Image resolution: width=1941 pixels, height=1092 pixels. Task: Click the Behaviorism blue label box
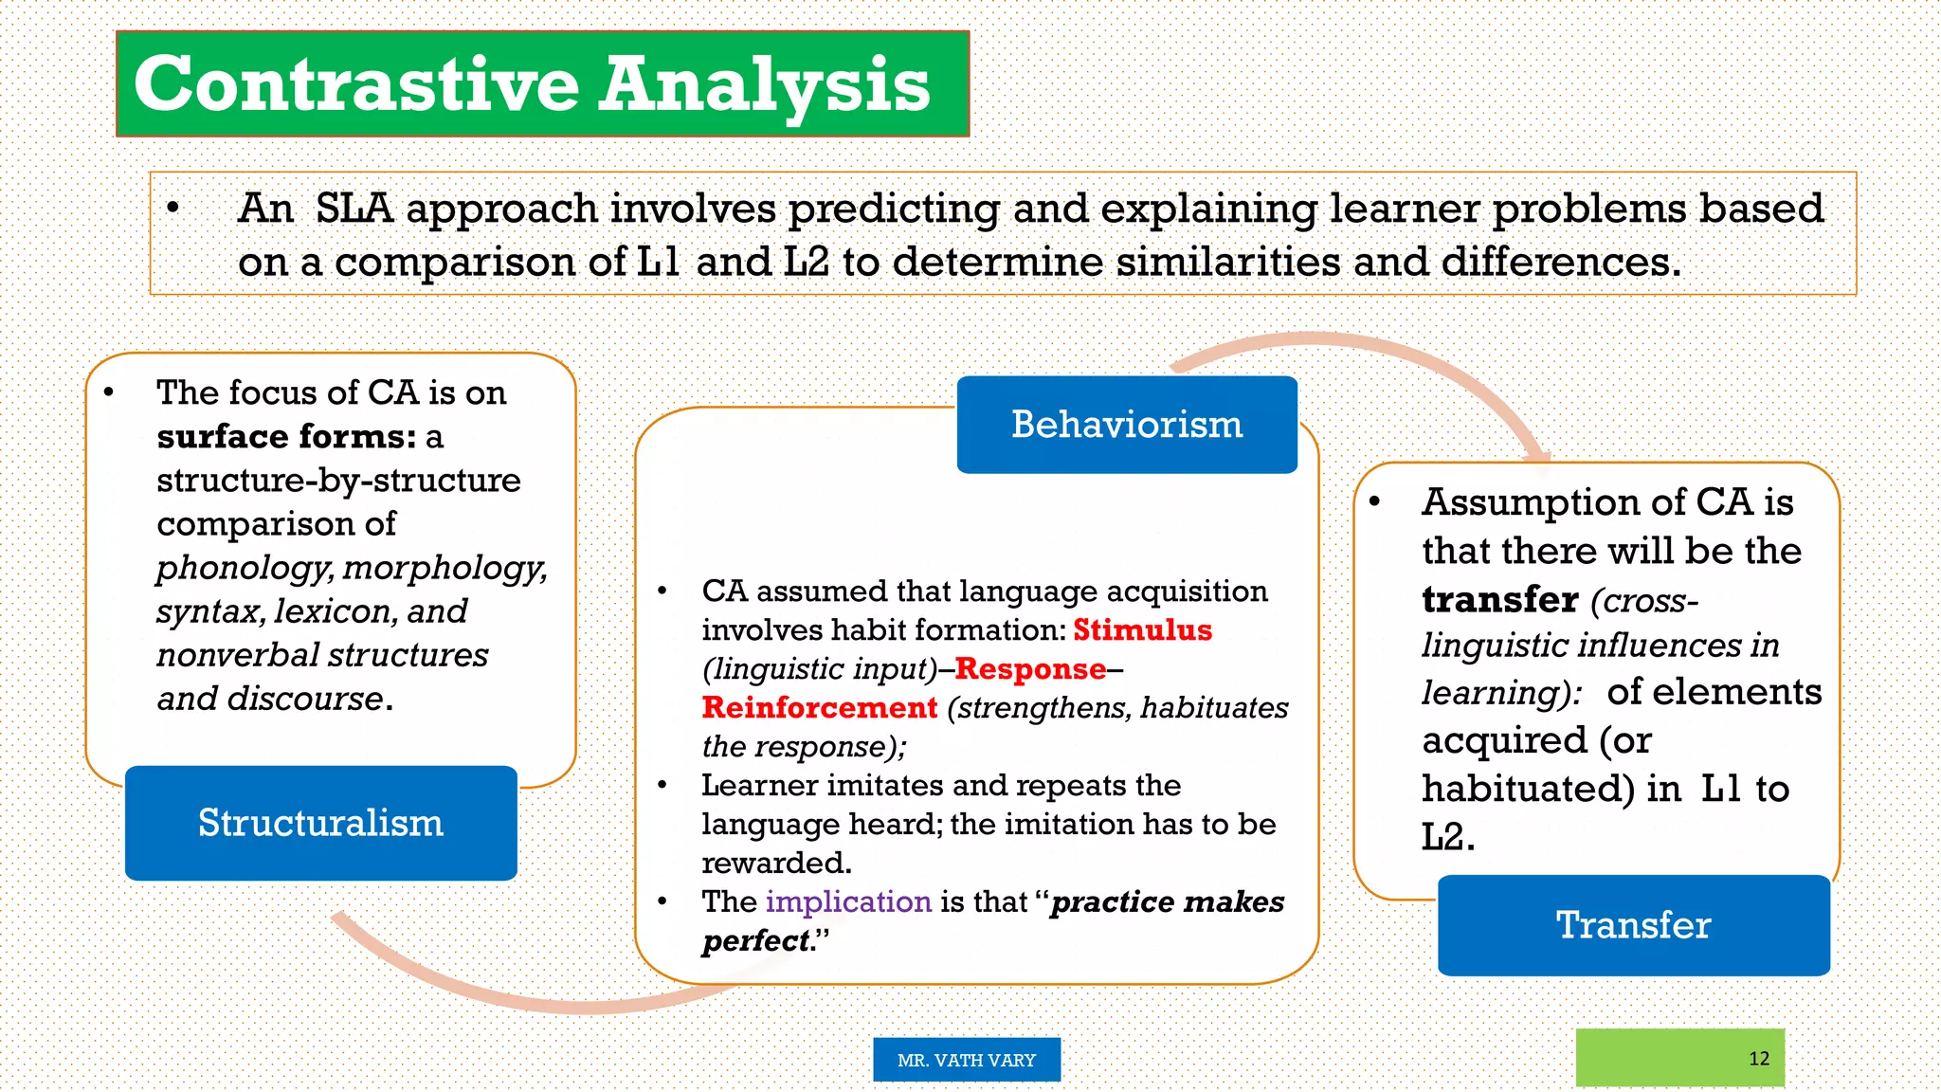pos(1126,425)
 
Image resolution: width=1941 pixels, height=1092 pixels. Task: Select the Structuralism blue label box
pos(320,823)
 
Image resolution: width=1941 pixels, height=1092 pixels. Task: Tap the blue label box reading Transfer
pos(1633,925)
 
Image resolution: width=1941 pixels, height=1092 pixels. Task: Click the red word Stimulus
pos(1142,630)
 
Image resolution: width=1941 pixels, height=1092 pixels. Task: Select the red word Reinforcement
pos(820,708)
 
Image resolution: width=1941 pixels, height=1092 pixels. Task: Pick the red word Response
pos(1030,669)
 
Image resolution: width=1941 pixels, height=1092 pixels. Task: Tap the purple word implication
pos(848,901)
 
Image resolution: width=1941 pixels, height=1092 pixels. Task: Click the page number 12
pos(1759,1059)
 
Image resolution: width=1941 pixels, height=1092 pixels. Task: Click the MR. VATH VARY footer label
pos(967,1060)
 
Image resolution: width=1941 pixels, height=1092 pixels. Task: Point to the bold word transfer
pos(1500,600)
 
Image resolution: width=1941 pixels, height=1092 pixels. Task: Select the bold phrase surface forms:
pos(286,437)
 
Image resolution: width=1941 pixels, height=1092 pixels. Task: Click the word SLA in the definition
pos(354,209)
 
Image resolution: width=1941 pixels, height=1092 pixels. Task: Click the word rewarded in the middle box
pos(775,864)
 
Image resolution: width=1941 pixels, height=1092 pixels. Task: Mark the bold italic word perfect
pos(757,941)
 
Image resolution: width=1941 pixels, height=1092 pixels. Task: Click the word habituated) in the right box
pos(1528,789)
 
